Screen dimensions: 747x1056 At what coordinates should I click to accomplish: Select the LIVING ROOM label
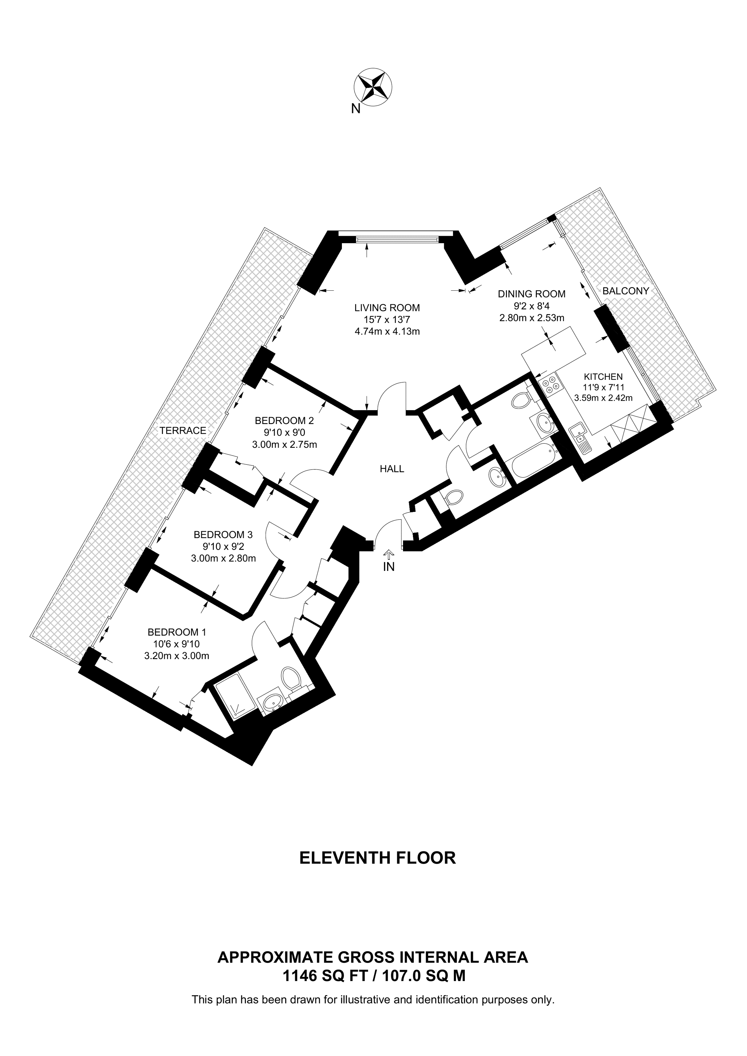(387, 308)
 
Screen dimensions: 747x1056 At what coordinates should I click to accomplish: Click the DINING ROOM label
(532, 293)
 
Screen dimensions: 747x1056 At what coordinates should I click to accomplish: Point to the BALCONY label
(625, 291)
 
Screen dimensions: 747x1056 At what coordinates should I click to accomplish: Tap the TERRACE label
(183, 430)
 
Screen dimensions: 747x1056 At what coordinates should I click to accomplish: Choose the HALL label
(392, 469)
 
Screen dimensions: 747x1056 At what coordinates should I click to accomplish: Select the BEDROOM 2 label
(285, 420)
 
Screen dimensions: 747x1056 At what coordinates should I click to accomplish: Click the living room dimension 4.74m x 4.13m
(387, 331)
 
